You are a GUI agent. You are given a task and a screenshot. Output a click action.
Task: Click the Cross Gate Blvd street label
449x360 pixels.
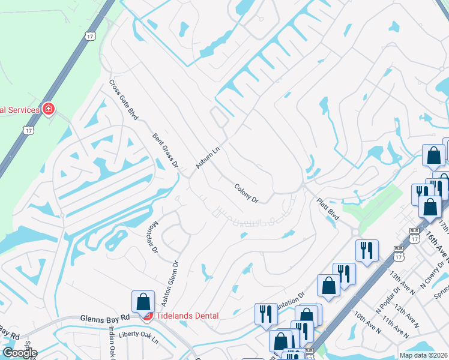pos(124,99)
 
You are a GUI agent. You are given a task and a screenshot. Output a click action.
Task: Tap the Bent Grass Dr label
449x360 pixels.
pos(166,150)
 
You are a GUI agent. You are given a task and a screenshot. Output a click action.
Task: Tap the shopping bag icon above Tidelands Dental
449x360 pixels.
pos(143,302)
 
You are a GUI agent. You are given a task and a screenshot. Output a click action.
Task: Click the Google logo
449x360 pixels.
pos(19,353)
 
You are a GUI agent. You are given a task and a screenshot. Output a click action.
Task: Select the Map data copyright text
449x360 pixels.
pos(424,355)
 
